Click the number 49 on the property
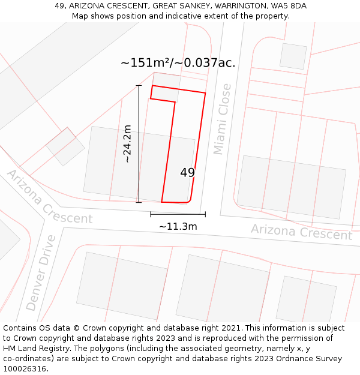tap(187, 173)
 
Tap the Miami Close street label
tap(223, 119)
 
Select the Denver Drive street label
tap(41, 273)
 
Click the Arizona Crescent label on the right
tap(301, 232)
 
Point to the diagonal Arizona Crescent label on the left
tap(49, 197)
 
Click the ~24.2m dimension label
tap(127, 143)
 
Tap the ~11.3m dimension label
tap(178, 227)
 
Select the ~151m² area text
tap(146, 63)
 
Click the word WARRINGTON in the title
tap(235, 5)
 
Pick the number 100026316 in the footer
tap(26, 369)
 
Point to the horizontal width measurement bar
tap(178, 214)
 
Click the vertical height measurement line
tap(139, 144)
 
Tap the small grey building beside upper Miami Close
tap(293, 56)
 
